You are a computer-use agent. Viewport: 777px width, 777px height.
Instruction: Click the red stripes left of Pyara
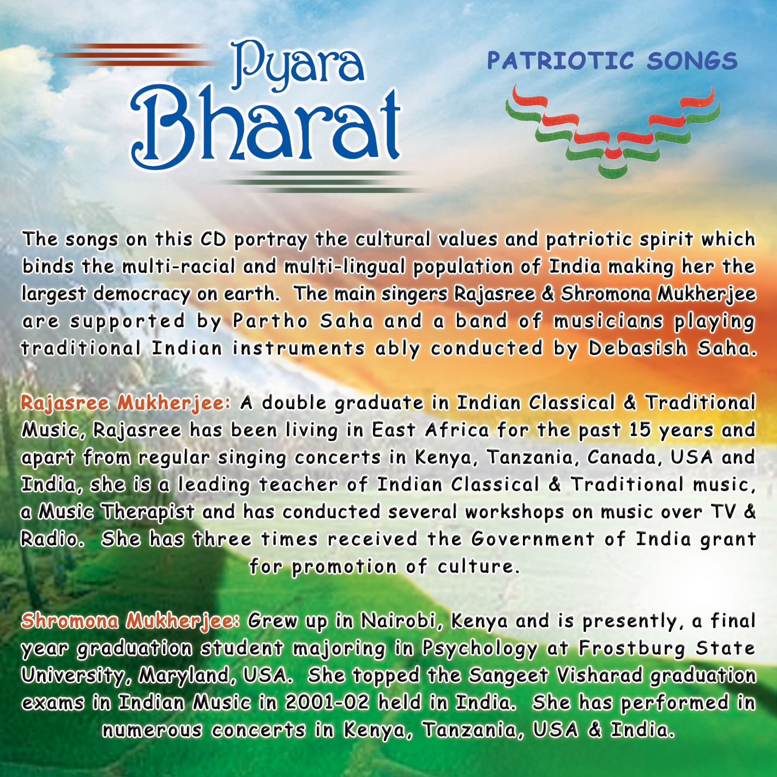click(x=133, y=55)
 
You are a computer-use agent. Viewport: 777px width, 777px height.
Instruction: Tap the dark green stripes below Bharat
click(x=323, y=182)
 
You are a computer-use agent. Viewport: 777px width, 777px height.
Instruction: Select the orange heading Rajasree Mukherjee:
click(x=125, y=403)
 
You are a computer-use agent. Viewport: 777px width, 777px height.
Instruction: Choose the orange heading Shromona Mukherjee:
click(x=130, y=621)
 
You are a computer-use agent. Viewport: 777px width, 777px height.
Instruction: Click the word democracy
click(x=141, y=294)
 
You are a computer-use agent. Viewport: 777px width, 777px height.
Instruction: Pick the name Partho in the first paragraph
click(x=270, y=321)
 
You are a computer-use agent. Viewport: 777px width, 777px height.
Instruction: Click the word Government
click(x=533, y=539)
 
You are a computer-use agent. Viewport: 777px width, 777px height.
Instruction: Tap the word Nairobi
click(x=403, y=621)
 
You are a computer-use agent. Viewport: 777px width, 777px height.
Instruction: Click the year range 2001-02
click(x=327, y=703)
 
